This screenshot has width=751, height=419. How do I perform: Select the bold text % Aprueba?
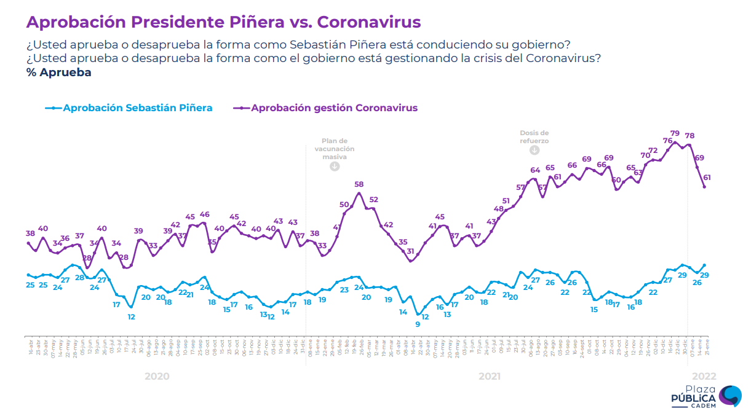58,72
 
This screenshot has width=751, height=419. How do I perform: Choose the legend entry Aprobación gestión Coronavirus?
326,108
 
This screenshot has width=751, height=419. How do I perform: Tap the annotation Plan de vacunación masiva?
335,149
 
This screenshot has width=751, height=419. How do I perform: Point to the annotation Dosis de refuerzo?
534,136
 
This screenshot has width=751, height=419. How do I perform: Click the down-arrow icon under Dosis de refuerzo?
534,150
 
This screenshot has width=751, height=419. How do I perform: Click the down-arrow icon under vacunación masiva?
335,166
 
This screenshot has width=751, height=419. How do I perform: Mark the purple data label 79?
675,133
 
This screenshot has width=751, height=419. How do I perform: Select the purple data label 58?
359,184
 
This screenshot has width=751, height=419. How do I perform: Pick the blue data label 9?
418,324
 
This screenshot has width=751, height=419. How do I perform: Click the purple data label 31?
410,251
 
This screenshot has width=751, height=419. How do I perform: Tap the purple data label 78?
689,136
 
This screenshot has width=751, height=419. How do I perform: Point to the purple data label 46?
204,214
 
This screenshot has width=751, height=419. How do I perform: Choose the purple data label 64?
535,170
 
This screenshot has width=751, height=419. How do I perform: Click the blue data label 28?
79,278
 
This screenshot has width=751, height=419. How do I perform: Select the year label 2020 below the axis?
157,376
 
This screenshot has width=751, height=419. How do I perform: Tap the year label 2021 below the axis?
490,376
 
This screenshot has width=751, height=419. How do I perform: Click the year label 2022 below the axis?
704,376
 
